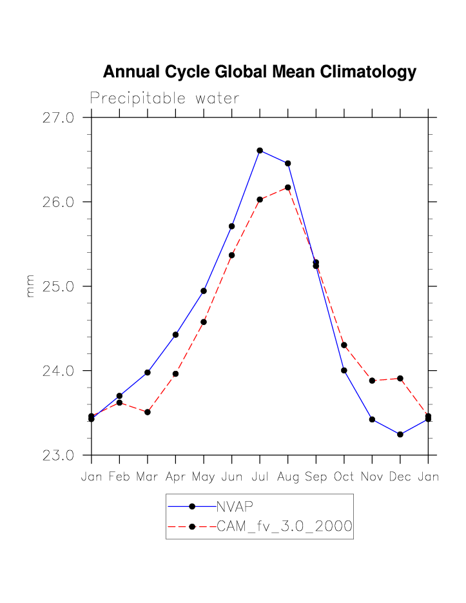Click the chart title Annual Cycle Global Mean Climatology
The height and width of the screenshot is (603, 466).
[x=259, y=72]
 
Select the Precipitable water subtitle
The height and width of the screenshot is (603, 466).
[x=164, y=99]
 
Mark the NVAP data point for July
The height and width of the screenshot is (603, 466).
[x=260, y=150]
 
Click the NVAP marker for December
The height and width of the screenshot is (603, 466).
[x=400, y=435]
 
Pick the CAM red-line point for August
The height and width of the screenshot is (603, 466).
[x=287, y=187]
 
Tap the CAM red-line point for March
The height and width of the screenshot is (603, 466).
[x=148, y=412]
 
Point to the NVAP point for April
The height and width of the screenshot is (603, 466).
[x=175, y=335]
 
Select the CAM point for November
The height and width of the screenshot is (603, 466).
[x=372, y=381]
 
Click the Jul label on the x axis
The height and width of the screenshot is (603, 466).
[x=260, y=477]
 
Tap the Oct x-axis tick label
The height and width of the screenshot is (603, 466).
[x=344, y=477]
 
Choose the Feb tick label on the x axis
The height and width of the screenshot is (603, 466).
[x=119, y=477]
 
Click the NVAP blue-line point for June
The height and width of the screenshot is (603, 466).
[x=231, y=226]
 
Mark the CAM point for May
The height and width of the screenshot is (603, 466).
[x=204, y=322]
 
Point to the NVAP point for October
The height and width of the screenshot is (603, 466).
[x=344, y=370]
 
